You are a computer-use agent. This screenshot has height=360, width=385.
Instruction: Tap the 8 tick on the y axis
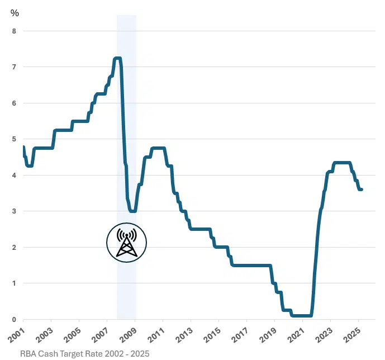14,31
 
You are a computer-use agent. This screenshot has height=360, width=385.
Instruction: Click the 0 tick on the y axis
14,319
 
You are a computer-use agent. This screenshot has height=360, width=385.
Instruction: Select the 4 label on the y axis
14,176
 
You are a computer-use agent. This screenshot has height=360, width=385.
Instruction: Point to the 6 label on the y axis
14,103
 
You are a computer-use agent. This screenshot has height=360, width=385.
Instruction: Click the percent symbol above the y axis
15,12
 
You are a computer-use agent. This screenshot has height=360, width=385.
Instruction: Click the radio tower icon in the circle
127,243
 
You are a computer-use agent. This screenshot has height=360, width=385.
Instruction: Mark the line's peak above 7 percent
117,58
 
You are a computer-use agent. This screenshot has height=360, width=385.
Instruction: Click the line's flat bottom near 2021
302,315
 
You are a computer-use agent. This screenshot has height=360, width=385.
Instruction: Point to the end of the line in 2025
362,190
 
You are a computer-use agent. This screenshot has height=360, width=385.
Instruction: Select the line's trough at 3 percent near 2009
132,211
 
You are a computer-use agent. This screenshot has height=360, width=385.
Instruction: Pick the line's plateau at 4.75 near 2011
158,148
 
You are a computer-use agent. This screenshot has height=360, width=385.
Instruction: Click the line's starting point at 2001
23,146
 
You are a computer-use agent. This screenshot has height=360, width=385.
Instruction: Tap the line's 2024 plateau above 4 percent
342,163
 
